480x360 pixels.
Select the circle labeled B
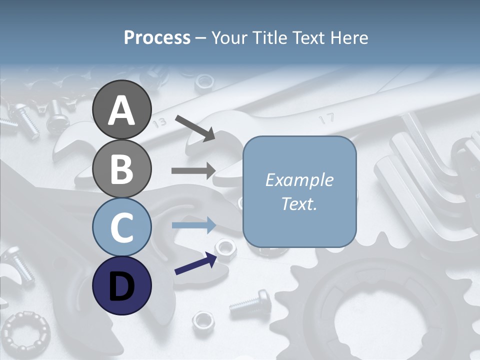pos(121,168)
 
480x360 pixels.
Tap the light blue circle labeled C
pos(121,227)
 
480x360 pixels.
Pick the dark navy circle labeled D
pos(121,285)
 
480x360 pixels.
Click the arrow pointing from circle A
pos(195,127)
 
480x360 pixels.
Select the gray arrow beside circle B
pos(193,170)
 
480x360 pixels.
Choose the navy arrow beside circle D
pos(195,263)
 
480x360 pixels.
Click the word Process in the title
pos(157,37)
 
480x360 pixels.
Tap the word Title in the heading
pos(269,37)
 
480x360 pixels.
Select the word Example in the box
pos(299,180)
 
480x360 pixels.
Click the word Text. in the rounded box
pos(299,203)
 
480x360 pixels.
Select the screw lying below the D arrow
pos(250,302)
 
